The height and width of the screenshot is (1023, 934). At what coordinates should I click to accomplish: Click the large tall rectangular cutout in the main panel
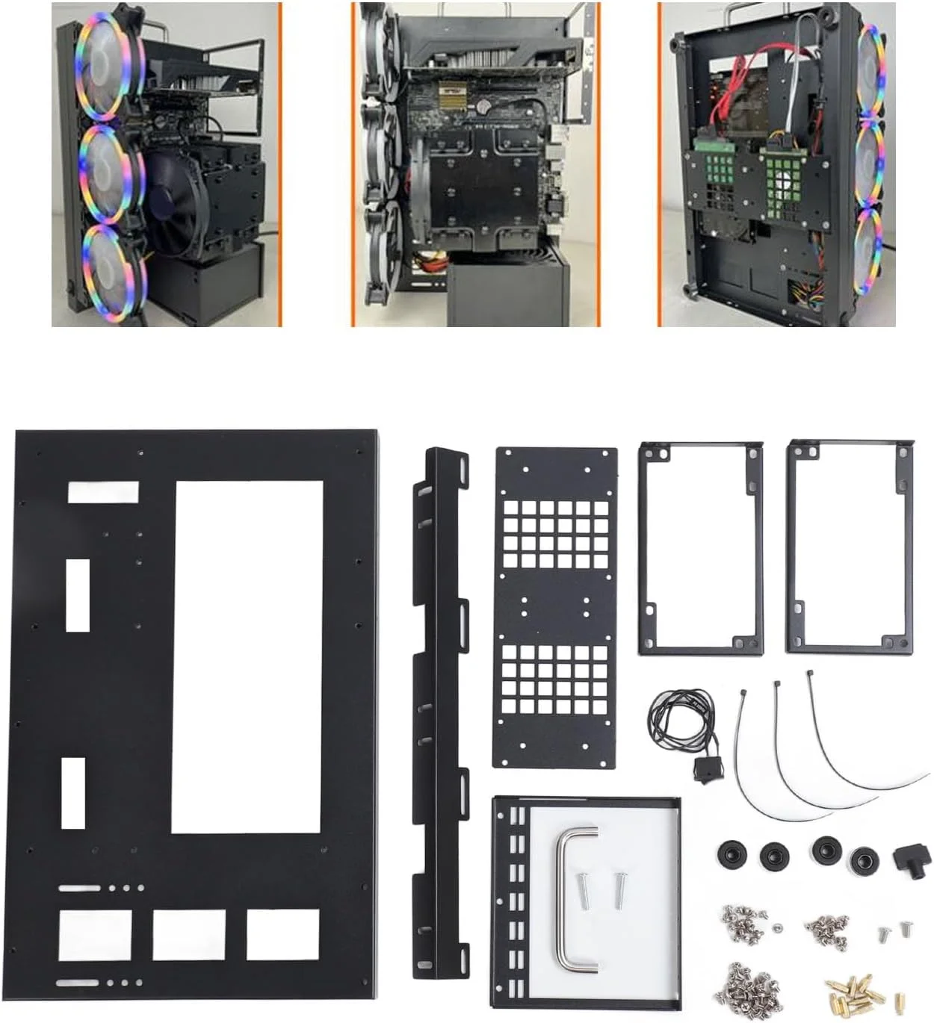(247, 657)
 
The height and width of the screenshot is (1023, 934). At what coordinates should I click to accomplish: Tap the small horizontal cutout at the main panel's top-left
(103, 492)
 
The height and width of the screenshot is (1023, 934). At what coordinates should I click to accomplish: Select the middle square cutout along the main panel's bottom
(189, 935)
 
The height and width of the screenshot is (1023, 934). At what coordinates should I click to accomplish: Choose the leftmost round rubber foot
(727, 854)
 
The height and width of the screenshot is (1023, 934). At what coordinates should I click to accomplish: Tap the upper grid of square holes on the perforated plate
(556, 534)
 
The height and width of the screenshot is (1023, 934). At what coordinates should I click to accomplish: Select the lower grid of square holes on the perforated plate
(555, 679)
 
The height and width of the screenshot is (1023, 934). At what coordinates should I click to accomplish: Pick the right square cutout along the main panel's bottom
(282, 934)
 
